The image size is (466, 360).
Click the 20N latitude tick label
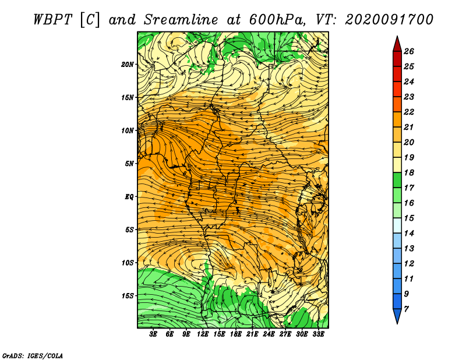(128, 64)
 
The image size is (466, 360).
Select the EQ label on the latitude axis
(129, 196)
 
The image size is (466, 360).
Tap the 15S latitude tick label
(128, 295)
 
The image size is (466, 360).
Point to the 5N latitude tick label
(129, 163)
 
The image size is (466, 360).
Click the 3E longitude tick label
(154, 334)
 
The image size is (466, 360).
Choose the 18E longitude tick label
(236, 334)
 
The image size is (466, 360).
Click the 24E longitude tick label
(269, 334)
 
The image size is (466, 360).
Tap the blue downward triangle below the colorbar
(397, 316)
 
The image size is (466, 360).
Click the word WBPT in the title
(54, 19)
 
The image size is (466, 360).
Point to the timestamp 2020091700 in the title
(389, 19)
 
